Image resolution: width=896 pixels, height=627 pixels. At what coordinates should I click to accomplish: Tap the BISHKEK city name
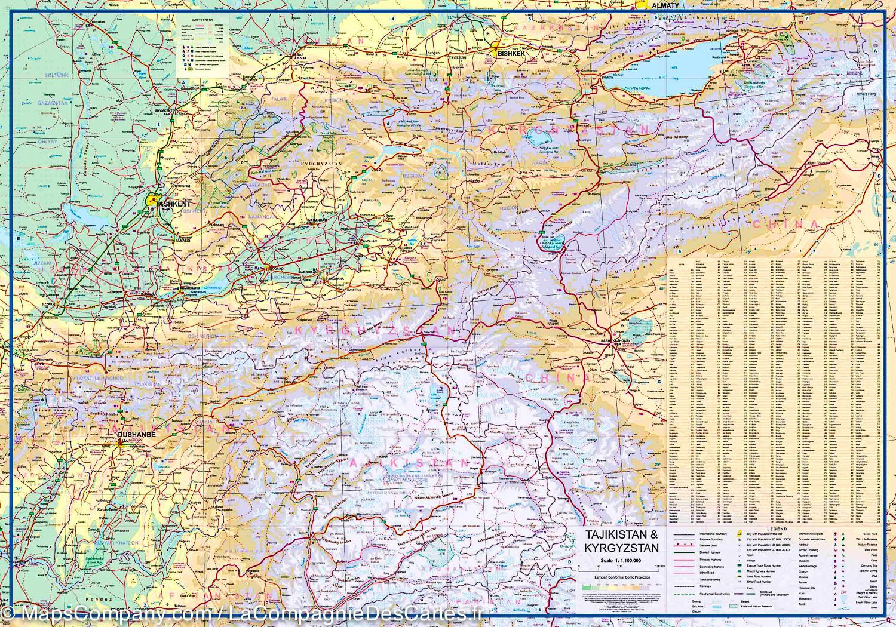point(511,53)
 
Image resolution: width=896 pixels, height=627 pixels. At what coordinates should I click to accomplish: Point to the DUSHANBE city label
point(137,435)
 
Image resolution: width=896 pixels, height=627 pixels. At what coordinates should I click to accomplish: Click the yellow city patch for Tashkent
point(152,200)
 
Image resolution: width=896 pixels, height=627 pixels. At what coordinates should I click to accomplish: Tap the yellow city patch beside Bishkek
point(495,45)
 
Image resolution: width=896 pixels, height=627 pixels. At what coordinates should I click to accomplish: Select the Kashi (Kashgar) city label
point(618,341)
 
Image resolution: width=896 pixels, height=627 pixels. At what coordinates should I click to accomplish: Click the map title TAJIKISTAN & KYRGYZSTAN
point(621,541)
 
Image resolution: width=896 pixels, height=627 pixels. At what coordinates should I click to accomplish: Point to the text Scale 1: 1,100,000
point(621,561)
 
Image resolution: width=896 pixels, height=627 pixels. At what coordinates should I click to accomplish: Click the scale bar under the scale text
point(621,567)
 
